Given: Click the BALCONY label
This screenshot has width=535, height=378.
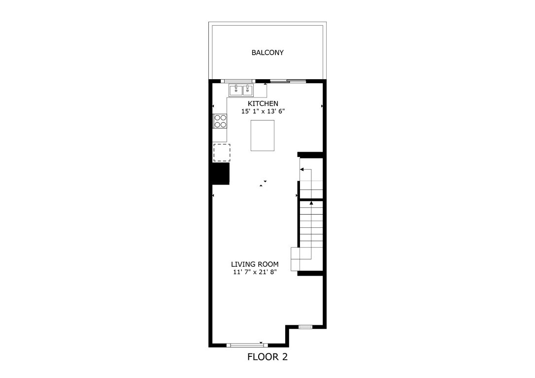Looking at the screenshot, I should (x=267, y=53).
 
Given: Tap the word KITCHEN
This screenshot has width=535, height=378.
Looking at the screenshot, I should (x=263, y=104).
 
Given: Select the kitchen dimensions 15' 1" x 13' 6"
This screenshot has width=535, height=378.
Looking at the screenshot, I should (x=263, y=112).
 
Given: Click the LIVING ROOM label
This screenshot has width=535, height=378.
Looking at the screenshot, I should (x=255, y=264).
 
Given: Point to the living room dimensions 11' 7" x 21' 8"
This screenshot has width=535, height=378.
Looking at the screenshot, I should (x=255, y=272).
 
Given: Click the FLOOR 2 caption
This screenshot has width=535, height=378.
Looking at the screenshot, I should (x=267, y=357).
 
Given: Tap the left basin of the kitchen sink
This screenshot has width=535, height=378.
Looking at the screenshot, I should (x=235, y=91).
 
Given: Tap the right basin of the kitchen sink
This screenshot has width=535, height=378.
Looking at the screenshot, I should (x=247, y=91).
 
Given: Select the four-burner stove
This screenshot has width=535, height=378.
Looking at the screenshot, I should (x=220, y=121).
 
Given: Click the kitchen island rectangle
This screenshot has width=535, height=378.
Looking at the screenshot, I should (x=262, y=135).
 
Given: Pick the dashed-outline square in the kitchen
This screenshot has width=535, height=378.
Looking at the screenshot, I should (x=222, y=152).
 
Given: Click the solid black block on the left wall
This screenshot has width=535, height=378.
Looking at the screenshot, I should (x=220, y=173).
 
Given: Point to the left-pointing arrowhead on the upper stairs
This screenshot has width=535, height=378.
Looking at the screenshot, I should (x=302, y=169).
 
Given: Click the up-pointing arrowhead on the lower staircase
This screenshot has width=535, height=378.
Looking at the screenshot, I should (x=311, y=202).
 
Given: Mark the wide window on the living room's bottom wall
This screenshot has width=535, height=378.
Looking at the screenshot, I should (x=247, y=345).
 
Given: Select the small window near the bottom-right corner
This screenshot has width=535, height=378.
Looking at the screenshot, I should (x=305, y=326).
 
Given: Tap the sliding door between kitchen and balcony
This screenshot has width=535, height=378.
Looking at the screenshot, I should (x=288, y=81).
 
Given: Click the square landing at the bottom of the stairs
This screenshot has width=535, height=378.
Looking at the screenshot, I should (x=301, y=259).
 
